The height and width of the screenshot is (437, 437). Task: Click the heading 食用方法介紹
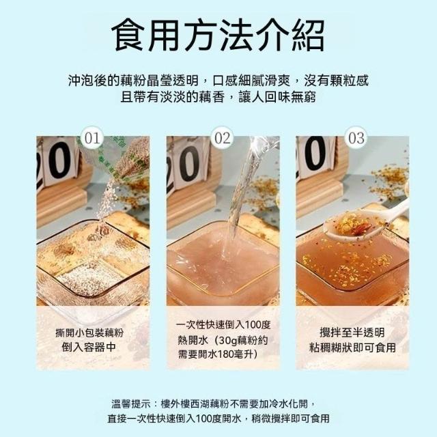(218, 35)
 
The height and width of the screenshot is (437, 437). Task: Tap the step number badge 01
(92, 138)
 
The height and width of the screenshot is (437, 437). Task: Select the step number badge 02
(223, 138)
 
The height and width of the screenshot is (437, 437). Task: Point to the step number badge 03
(356, 138)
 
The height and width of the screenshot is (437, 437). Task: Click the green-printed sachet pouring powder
(123, 159)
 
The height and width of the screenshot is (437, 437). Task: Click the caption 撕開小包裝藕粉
(89, 333)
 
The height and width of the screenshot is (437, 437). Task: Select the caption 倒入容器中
(89, 348)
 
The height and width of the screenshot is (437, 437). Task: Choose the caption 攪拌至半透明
(352, 333)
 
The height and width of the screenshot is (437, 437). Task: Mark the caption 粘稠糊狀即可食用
(352, 348)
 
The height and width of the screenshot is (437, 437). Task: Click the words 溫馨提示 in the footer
(131, 404)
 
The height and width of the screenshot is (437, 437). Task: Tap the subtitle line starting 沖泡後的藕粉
(218, 81)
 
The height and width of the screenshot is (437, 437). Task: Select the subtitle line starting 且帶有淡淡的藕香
(218, 97)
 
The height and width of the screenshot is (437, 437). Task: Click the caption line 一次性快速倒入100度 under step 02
(223, 325)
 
